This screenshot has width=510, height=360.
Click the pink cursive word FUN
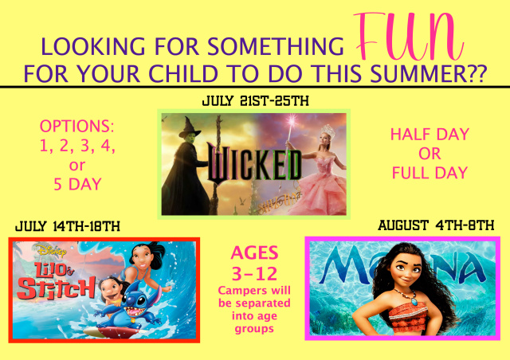(409, 37)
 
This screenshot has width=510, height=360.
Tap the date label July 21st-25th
(255, 101)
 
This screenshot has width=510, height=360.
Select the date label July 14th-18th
(68, 226)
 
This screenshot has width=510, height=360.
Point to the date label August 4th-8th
(436, 225)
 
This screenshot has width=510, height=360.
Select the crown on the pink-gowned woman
(328, 131)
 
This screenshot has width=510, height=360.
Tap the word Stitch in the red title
(57, 288)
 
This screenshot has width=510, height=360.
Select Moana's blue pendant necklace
(414, 301)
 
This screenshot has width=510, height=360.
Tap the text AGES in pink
(254, 252)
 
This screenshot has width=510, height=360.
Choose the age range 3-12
(255, 273)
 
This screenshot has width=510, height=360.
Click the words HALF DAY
(430, 135)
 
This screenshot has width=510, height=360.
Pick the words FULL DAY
(430, 173)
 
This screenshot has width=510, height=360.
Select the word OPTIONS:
(77, 126)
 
